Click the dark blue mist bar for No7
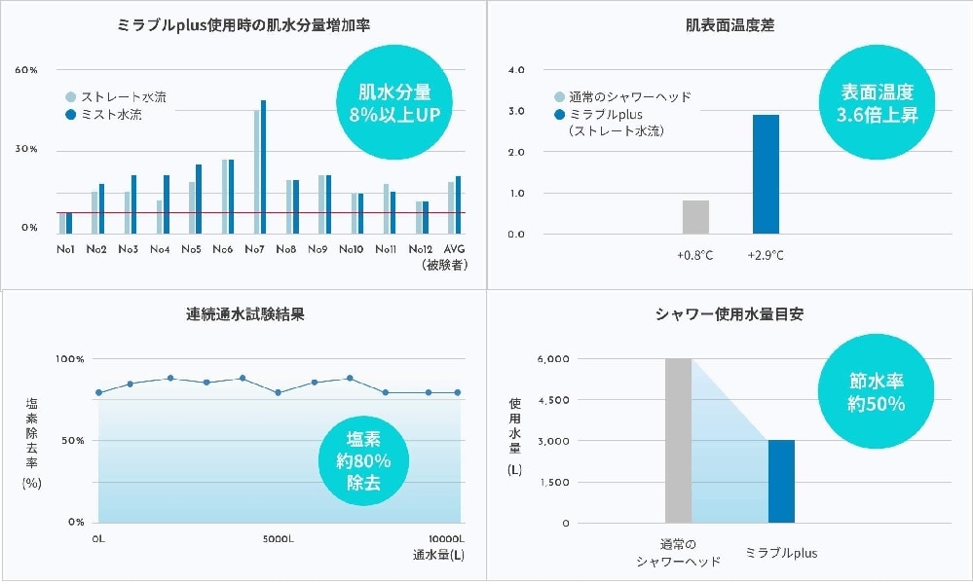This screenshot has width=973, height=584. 263,165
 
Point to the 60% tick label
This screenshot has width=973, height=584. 26,71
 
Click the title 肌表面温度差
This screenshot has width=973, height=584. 730,25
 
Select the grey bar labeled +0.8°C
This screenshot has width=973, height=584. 695,217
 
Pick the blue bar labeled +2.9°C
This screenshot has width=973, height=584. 766,174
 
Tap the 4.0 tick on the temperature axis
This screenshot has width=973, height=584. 516,71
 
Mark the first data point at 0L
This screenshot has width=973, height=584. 98,392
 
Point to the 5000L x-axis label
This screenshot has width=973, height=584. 279,538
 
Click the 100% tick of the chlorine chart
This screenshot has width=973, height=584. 70,359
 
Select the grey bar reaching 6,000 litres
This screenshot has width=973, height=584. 678,440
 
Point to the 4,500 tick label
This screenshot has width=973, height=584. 553,400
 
